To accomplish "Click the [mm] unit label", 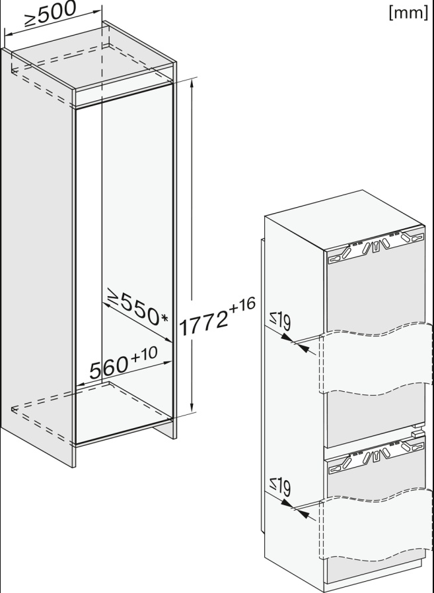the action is (408, 13).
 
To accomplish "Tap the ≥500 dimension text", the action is (50, 14).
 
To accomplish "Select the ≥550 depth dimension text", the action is (133, 308).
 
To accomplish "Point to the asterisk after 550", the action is (164, 319).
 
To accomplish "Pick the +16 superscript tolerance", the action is (242, 305).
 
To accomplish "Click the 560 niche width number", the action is (109, 367).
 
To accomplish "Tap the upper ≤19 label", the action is (280, 322).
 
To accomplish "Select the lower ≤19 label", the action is (280, 487).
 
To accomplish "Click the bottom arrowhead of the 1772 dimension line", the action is (192, 408).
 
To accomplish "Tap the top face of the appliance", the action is (345, 220).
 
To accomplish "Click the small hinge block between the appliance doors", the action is (417, 433).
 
